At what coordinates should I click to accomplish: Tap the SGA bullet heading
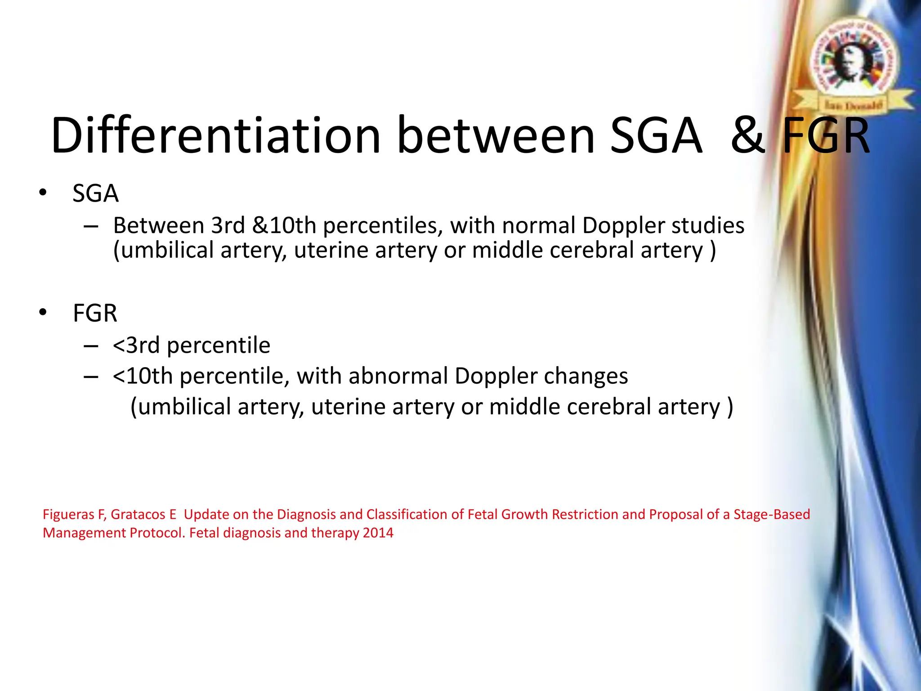95,193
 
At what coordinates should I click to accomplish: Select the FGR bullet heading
95,313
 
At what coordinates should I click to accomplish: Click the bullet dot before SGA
43,193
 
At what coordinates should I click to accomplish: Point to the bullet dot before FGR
43,312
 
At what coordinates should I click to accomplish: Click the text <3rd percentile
192,345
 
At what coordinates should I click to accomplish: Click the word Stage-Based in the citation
772,514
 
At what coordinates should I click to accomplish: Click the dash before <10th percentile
91,376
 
